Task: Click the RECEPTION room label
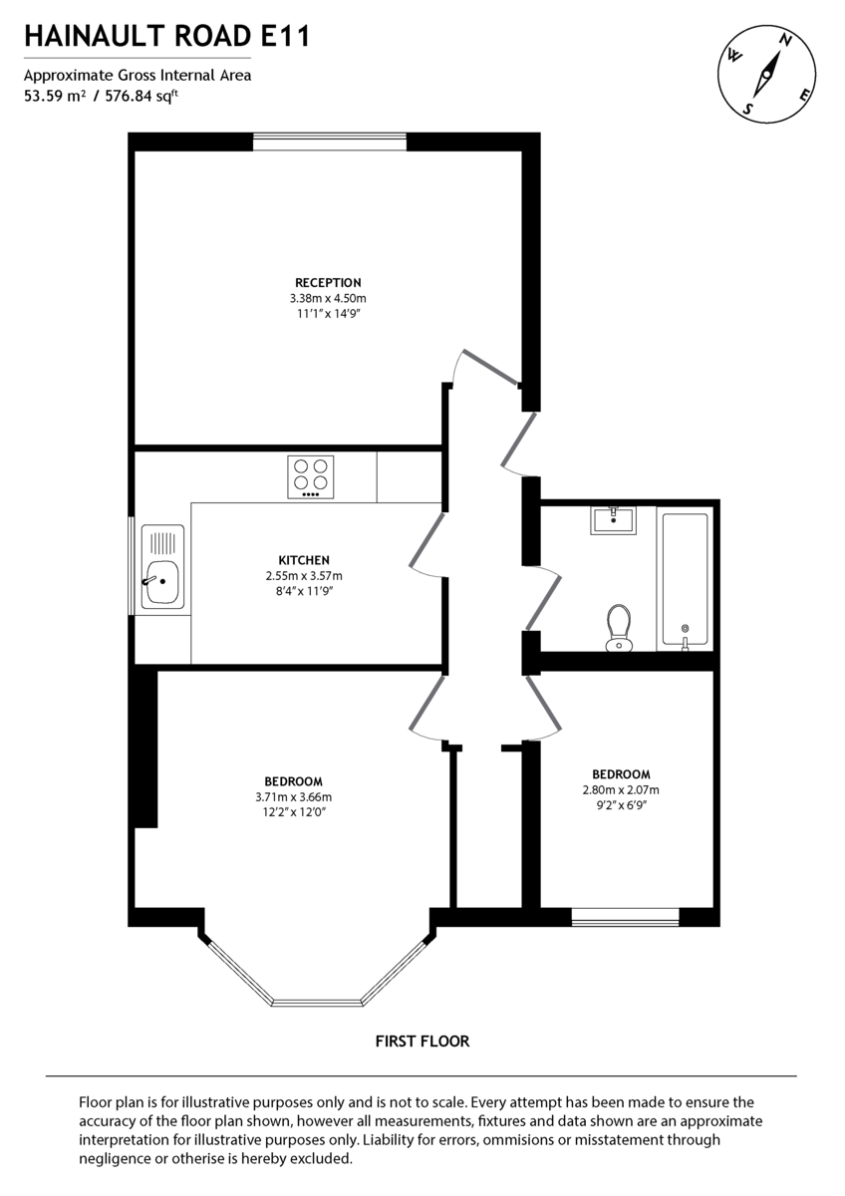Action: [328, 283]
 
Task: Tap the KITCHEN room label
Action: [304, 560]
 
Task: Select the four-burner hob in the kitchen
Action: [311, 476]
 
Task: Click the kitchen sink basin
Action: [159, 581]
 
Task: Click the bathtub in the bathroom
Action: [684, 579]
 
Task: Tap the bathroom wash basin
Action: [613, 519]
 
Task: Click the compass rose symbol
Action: [768, 72]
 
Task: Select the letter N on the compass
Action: [786, 41]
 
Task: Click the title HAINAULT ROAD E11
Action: [166, 38]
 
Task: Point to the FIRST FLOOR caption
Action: [422, 1042]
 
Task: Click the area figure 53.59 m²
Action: [54, 97]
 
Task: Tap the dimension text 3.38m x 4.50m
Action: [328, 298]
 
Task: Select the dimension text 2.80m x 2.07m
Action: [621, 790]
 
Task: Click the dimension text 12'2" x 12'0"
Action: [293, 812]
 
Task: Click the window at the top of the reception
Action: [330, 142]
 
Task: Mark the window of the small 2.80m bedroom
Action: [625, 917]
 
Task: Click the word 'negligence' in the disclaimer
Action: [113, 1159]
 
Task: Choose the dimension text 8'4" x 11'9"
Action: [304, 591]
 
